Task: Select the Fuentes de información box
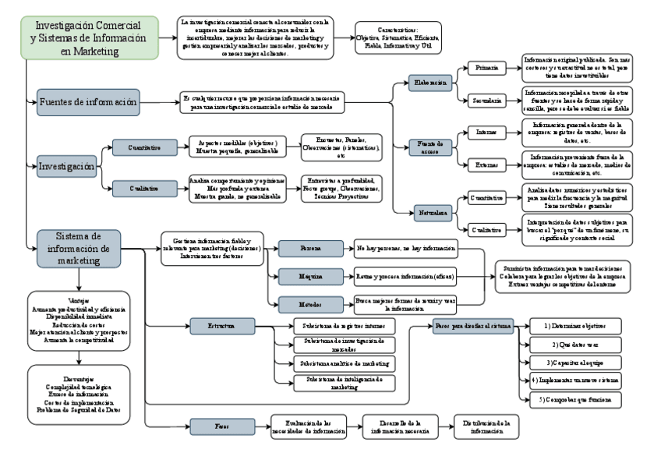88,101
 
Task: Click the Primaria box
486,69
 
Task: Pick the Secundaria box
486,101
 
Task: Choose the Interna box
486,133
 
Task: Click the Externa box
486,165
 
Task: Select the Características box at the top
397,37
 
